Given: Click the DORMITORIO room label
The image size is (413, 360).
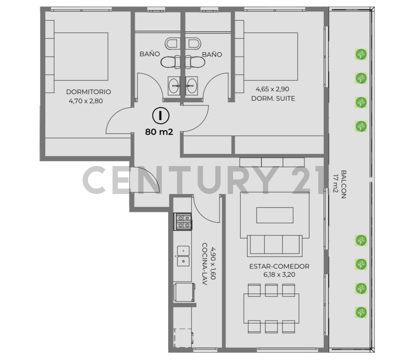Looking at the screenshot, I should point(88,92).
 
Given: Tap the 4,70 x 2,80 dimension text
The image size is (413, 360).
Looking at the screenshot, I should point(86,101).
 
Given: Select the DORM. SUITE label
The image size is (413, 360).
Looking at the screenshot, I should point(273,99).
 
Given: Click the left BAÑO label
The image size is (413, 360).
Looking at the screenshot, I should point(150,54).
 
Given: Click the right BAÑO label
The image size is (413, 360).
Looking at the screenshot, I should point(212,54).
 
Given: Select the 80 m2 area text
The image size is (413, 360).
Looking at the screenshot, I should point(159,132).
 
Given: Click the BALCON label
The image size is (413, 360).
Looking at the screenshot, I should point(343,184).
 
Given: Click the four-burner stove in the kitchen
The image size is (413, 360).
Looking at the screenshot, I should point(183,222).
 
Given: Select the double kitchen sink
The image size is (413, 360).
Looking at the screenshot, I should point(183,256).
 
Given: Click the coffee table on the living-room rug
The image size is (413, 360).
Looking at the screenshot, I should point(274,216).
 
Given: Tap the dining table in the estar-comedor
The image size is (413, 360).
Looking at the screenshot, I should point(271,308).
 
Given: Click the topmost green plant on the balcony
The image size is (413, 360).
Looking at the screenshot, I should point(361,54).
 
